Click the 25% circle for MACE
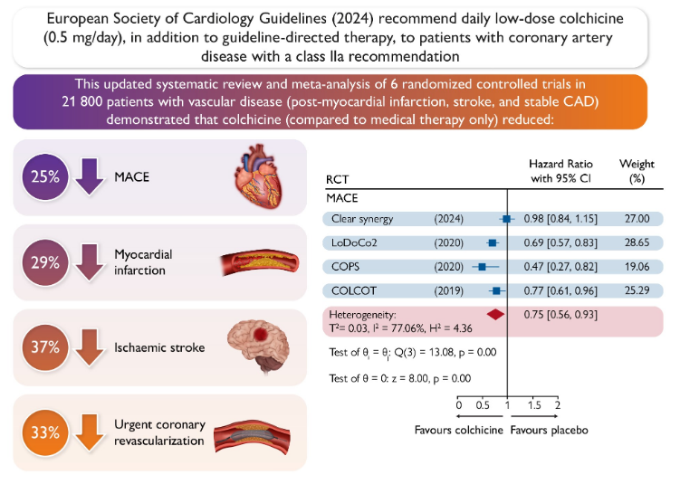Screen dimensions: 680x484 tap(45, 176)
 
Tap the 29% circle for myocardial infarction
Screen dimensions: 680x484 tap(45, 262)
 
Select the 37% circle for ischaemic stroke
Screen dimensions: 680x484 tap(45, 347)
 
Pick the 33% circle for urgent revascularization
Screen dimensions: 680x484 tap(45, 432)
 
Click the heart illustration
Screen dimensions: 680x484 tap(258, 176)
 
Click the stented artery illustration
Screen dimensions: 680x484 tap(252, 437)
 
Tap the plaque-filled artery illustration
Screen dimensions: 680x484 tap(260, 261)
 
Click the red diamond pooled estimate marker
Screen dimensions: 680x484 tap(495, 315)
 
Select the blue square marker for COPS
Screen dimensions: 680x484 tap(482, 267)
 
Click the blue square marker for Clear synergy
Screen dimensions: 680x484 tap(506, 219)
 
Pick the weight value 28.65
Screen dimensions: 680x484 tap(637, 242)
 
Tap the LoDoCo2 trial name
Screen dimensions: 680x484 tap(354, 242)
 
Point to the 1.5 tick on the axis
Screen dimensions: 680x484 tap(534, 405)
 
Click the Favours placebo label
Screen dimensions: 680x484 tap(549, 430)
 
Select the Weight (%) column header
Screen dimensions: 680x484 tap(637, 171)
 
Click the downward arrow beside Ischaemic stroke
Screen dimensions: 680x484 tap(90, 347)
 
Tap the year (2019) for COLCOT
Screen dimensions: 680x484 tap(449, 290)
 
